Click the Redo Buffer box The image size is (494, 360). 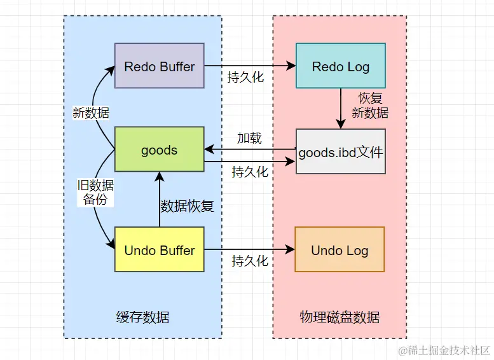coord(159,66)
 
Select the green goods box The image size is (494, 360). coord(159,150)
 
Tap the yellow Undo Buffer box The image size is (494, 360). coord(159,250)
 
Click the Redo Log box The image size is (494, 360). coord(340,66)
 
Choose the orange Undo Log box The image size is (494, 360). coord(340,250)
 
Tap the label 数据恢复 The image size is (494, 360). coord(186,205)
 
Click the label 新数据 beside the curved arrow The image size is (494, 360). coord(91,113)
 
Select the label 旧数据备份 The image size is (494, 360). coord(95,192)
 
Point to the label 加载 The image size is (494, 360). coord(249,138)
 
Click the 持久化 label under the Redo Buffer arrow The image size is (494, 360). coord(246,78)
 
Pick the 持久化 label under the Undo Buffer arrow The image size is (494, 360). coord(250,261)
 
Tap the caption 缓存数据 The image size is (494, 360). coord(143,317)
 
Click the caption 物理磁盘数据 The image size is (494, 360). coord(340,317)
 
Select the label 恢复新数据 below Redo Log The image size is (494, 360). coord(370,106)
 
